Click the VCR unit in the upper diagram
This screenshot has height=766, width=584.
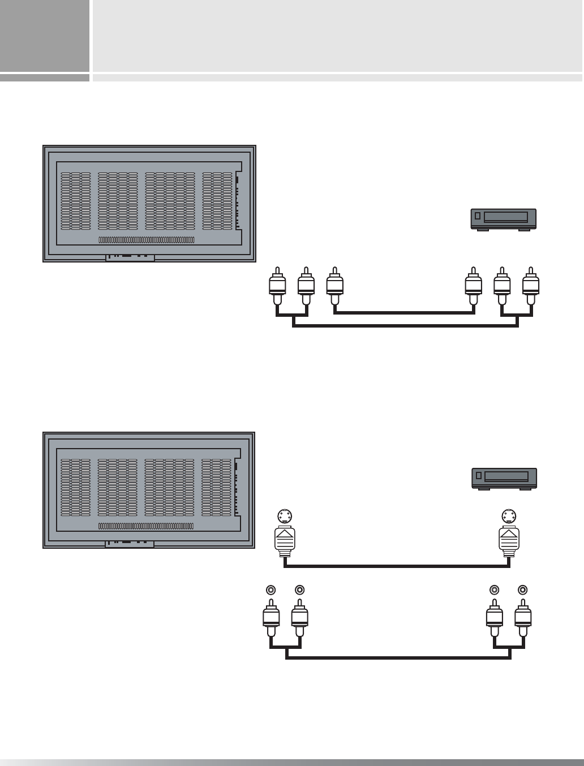(x=504, y=219)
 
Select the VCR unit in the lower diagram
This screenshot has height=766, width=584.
(x=504, y=479)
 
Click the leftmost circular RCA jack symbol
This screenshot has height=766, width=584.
(x=271, y=589)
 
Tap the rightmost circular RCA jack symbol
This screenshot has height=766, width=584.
(x=523, y=589)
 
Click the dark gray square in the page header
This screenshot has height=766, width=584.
(x=45, y=36)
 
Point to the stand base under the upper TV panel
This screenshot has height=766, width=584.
(x=130, y=257)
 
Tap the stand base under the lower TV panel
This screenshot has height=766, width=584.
(x=130, y=544)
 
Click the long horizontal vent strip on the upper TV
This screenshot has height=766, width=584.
(x=147, y=240)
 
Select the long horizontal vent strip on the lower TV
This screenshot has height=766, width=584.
(x=146, y=526)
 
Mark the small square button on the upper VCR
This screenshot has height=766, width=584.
(x=477, y=216)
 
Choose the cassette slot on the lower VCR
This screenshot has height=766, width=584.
(x=506, y=476)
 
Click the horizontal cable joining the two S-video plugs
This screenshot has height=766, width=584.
(x=396, y=565)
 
